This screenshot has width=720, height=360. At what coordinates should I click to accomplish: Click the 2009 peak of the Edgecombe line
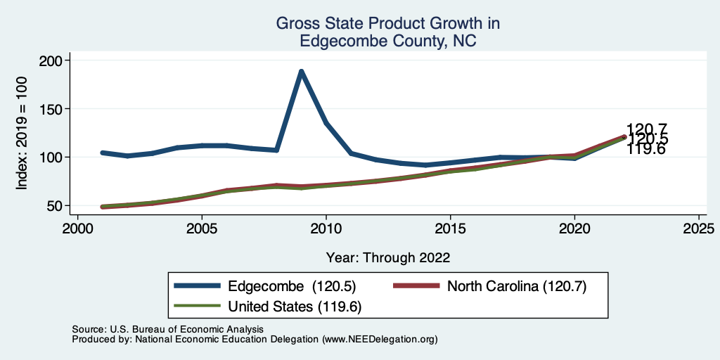pyautogui.click(x=301, y=72)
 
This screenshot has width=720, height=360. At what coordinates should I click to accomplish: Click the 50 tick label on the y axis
pyautogui.click(x=56, y=205)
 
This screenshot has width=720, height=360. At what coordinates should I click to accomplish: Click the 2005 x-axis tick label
pyautogui.click(x=202, y=229)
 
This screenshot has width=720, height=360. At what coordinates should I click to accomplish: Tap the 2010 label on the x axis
pyautogui.click(x=326, y=229)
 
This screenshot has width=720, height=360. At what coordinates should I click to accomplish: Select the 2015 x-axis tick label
pyautogui.click(x=450, y=229)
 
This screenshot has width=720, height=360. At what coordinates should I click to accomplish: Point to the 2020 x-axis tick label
pyautogui.click(x=574, y=229)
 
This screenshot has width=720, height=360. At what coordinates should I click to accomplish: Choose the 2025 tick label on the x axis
pyautogui.click(x=699, y=229)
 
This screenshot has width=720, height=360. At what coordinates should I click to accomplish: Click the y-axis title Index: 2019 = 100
pyautogui.click(x=22, y=134)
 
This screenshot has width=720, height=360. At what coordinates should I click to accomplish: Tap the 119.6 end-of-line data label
pyautogui.click(x=646, y=149)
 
